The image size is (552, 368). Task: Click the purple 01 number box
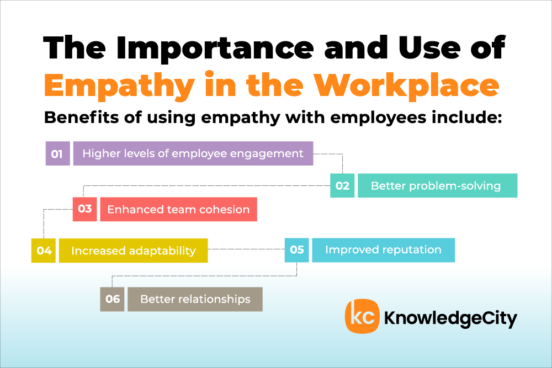[58, 153]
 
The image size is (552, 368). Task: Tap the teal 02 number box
[342, 185]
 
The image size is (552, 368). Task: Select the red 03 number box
[85, 209]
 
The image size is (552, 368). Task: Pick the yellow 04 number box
[44, 250]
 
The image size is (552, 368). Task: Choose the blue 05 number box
[297, 250]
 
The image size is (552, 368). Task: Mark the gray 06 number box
[112, 299]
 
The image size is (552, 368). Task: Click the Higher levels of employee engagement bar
[193, 153]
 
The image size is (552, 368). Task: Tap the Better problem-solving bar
[438, 185]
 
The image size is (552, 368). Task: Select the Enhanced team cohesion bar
[179, 209]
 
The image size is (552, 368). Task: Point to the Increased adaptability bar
[134, 250]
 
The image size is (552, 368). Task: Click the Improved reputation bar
[384, 250]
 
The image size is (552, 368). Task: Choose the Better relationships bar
[195, 299]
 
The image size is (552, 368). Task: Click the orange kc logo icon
[362, 316]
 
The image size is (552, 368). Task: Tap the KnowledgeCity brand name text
[450, 318]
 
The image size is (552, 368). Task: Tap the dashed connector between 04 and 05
[246, 249]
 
